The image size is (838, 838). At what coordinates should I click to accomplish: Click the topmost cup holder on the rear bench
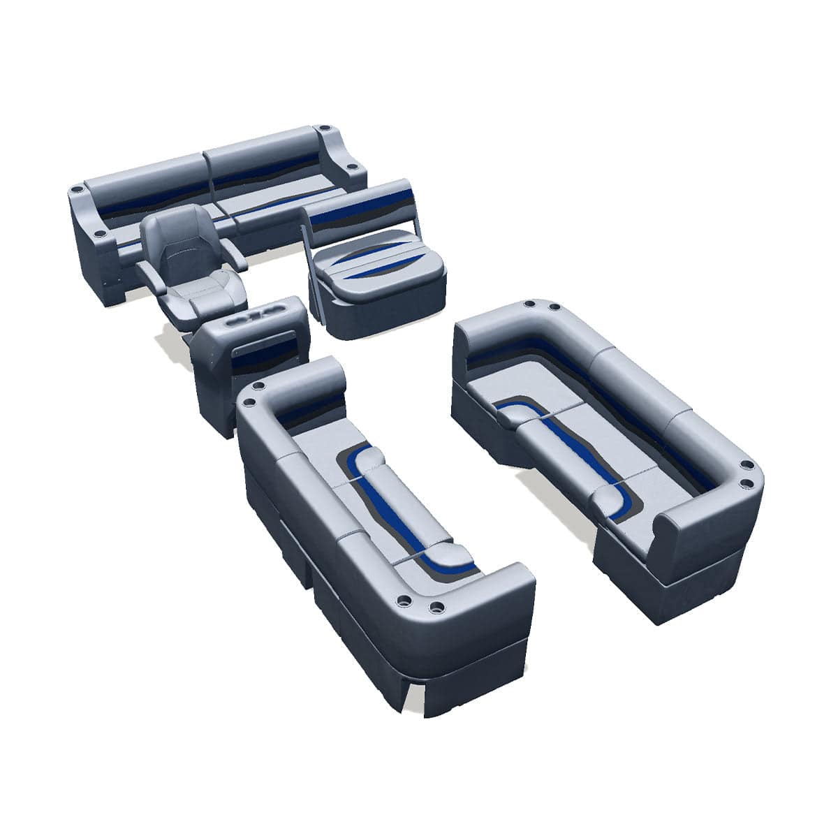point(324,128)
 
